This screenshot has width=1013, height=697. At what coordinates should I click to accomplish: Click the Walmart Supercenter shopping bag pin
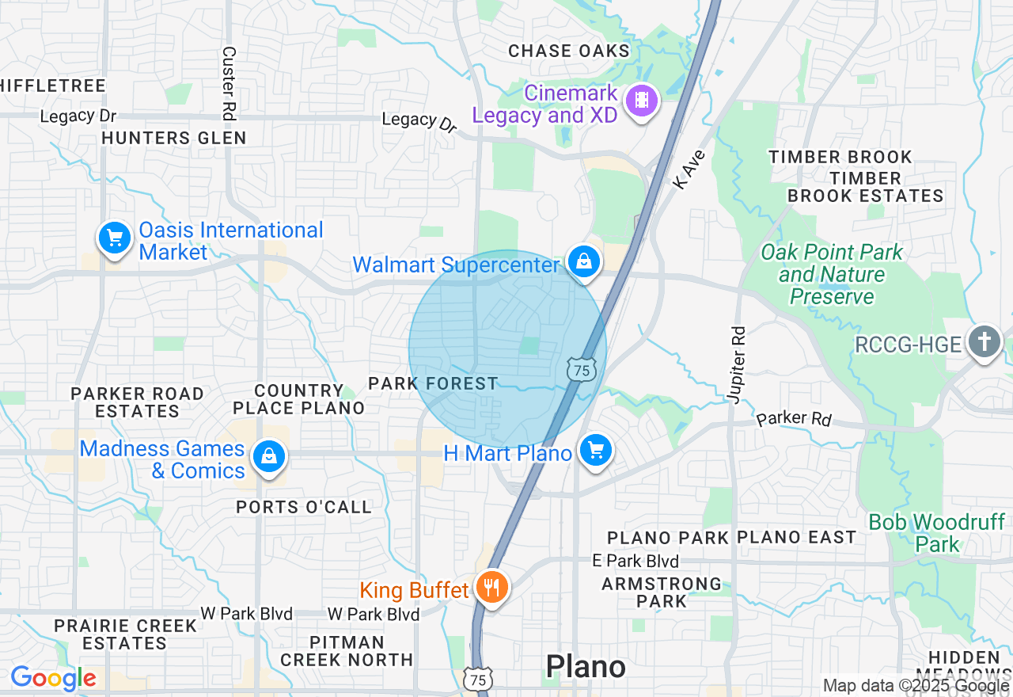(584, 261)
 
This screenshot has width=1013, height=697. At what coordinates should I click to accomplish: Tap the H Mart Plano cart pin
(595, 451)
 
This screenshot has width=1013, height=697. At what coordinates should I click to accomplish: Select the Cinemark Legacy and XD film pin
(641, 101)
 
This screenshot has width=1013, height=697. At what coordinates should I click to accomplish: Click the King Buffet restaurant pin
(492, 588)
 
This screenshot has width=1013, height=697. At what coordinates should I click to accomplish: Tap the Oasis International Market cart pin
(115, 238)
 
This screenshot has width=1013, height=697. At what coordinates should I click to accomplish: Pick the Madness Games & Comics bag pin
(269, 457)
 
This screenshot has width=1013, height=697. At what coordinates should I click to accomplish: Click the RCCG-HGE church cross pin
(984, 342)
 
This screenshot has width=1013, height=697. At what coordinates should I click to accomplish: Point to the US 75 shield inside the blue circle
(581, 370)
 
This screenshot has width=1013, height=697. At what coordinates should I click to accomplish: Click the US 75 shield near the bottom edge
(478, 680)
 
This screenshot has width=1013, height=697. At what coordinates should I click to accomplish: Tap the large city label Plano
(586, 667)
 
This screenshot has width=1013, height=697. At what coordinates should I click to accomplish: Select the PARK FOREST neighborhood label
(433, 384)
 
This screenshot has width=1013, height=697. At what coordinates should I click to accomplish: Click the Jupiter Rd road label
(738, 364)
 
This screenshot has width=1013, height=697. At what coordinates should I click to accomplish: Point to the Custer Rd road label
(229, 83)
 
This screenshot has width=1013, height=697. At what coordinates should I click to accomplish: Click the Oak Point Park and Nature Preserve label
(831, 274)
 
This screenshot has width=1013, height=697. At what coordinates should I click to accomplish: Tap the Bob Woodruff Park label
(936, 533)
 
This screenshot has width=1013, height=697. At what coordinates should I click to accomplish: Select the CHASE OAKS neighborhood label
(568, 51)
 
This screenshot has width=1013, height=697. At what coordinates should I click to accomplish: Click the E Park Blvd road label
(635, 561)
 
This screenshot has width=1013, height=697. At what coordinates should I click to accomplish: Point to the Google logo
(53, 678)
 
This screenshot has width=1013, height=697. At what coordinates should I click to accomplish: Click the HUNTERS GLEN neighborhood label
(174, 138)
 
